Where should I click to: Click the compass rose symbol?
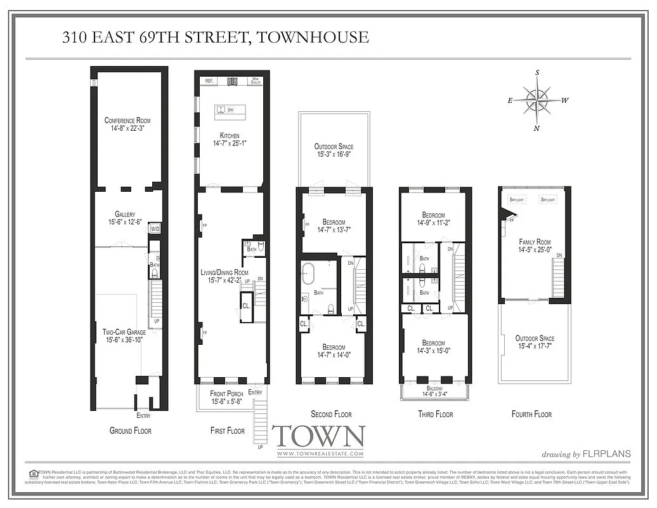click(537, 101)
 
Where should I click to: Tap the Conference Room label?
click(127, 124)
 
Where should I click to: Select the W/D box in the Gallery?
click(154, 229)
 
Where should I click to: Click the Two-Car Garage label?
click(124, 335)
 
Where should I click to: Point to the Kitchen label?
click(230, 139)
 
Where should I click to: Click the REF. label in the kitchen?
click(208, 81)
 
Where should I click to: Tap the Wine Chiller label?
click(256, 81)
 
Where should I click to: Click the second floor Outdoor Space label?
click(334, 150)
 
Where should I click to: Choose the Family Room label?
click(535, 246)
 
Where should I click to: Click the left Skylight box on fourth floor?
click(517, 200)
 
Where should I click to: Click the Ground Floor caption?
click(130, 431)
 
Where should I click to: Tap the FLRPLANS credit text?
click(607, 453)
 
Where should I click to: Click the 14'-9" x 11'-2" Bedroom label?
click(431, 219)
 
